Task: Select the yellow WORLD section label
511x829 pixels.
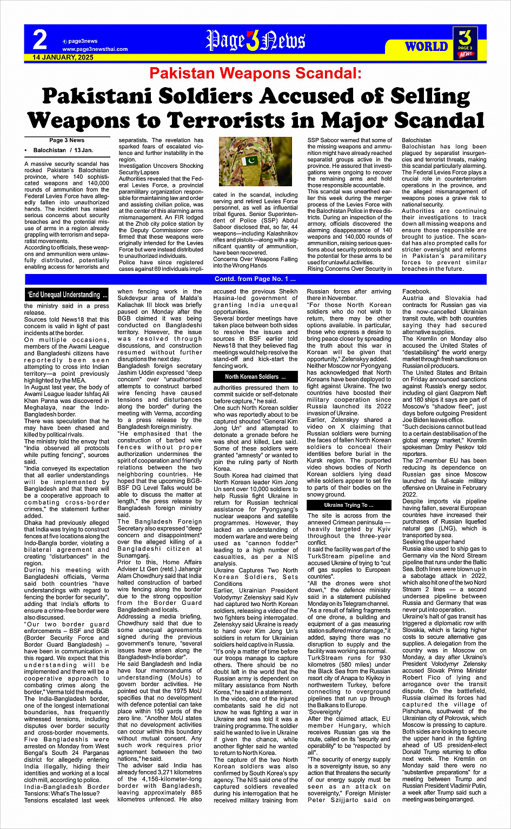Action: pos(427,47)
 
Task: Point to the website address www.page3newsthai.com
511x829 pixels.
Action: pos(95,49)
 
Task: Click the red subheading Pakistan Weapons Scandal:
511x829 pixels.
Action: pos(255,73)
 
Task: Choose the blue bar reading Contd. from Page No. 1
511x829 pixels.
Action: pos(255,279)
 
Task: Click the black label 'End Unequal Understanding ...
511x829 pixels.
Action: pos(68,295)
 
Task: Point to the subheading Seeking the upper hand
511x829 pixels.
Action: pos(434,541)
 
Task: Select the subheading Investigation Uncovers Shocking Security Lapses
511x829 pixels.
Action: pos(161,169)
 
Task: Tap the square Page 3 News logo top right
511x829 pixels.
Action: pos(466,42)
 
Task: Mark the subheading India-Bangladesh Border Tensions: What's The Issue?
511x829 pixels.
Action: pos(67,790)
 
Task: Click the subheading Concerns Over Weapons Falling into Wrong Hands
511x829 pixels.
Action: pos(255,262)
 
